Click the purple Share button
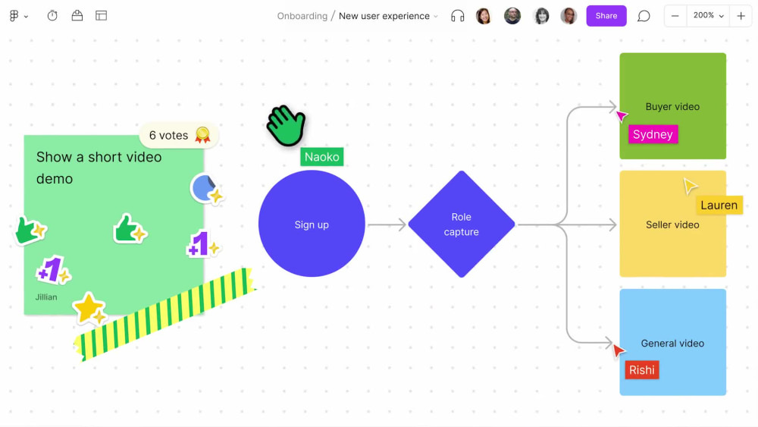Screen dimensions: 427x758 tap(606, 16)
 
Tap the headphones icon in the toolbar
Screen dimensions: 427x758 tap(458, 16)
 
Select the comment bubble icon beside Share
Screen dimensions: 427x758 tap(644, 16)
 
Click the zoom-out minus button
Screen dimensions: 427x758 tap(675, 16)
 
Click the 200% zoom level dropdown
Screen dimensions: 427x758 tap(708, 16)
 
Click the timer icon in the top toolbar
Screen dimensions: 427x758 tap(52, 16)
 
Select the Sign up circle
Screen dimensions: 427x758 tap(312, 224)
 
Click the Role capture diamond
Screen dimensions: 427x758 tap(461, 224)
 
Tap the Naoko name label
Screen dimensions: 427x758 tap(322, 157)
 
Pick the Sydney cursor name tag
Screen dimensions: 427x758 tap(653, 134)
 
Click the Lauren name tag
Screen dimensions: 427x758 tap(719, 205)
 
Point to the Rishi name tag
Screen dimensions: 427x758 tap(641, 370)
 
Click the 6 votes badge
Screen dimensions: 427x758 tap(179, 136)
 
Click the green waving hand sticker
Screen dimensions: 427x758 tap(287, 125)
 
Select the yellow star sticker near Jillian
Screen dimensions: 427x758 tap(89, 308)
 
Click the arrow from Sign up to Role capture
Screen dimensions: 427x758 tap(387, 224)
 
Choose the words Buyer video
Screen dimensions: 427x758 tap(672, 107)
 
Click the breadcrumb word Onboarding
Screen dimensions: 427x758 tap(302, 16)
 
